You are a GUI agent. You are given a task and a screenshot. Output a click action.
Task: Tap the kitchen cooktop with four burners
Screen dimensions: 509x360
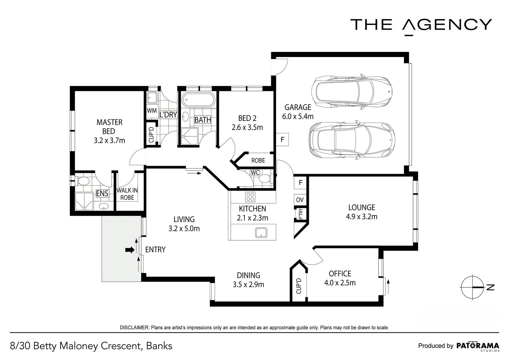click(x=250, y=197)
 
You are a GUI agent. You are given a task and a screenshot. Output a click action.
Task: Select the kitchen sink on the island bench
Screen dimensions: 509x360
click(x=261, y=233)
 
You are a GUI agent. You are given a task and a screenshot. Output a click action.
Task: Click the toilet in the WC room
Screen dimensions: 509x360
click(x=265, y=179)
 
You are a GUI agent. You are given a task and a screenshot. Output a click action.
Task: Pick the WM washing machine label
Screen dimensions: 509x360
click(x=152, y=111)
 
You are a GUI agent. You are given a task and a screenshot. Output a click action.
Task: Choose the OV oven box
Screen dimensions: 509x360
click(x=300, y=200)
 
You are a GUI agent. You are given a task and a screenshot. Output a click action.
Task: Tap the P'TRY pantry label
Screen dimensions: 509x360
click(x=300, y=214)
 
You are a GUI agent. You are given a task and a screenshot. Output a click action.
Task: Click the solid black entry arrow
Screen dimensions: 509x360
click(x=130, y=250)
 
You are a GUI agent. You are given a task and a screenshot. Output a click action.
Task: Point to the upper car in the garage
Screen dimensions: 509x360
click(x=352, y=92)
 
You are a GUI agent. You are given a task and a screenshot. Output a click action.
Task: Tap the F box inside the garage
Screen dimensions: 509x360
click(x=282, y=139)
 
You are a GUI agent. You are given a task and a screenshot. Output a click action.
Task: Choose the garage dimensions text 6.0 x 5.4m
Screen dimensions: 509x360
click(x=298, y=116)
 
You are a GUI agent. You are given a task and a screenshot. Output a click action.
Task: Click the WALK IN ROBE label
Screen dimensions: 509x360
click(x=127, y=194)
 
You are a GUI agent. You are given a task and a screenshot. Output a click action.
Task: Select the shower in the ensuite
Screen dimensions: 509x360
click(x=84, y=201)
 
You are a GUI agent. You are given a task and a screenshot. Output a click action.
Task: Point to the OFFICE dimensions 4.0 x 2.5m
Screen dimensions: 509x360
click(x=340, y=283)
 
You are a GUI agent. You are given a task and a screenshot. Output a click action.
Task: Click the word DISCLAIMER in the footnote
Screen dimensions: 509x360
click(x=134, y=328)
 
